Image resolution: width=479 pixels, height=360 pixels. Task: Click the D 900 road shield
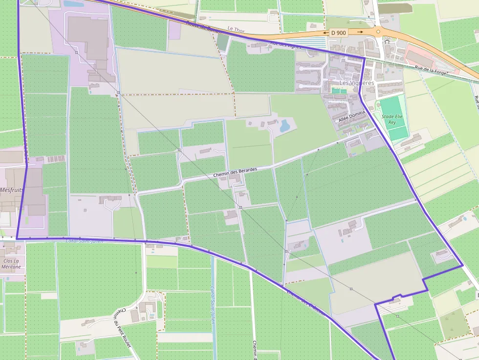tap(338, 32)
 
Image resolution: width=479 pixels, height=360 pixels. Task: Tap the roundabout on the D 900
tap(378, 32)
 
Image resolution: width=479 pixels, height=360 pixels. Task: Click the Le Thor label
tap(236, 30)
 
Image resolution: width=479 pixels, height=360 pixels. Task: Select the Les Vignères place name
tap(356, 83)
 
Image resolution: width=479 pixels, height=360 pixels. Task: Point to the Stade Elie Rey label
tap(392, 119)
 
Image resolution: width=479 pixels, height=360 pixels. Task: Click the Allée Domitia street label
tap(351, 116)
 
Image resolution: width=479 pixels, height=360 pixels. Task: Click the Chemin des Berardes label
tap(235, 172)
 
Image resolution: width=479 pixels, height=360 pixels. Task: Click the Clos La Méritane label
tap(11, 264)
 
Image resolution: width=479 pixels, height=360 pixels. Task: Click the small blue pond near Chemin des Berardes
tap(284, 126)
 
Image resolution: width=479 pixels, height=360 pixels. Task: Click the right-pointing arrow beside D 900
tap(360, 32)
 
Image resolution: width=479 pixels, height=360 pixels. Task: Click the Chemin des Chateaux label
tap(305, 302)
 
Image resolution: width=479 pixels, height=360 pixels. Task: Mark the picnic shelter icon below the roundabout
tap(387, 42)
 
